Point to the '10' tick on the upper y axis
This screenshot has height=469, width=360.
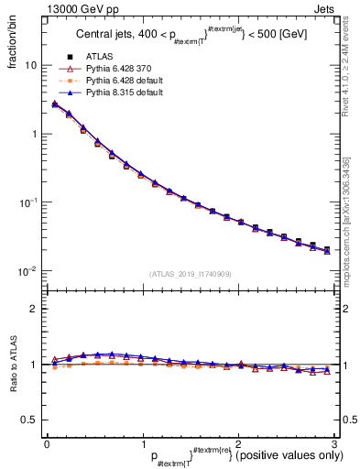click(30, 66)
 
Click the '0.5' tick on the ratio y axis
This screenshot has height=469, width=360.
click(27, 420)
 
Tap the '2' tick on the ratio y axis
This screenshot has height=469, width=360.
click(33, 309)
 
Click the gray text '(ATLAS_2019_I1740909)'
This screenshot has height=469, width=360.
click(191, 274)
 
